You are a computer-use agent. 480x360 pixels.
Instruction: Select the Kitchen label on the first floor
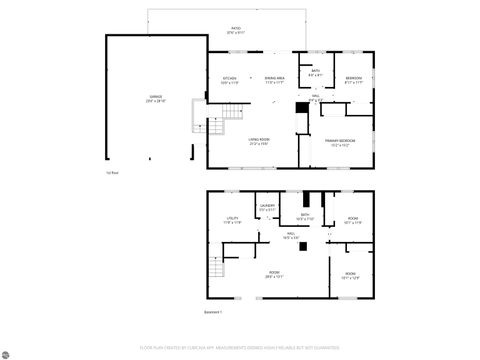pos(229,79)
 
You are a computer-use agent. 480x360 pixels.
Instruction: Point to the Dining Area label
pos(275,79)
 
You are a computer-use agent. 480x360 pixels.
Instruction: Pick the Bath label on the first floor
pos(315,72)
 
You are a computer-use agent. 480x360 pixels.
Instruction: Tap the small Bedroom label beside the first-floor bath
pos(353,79)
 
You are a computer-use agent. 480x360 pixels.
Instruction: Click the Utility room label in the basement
pos(232,220)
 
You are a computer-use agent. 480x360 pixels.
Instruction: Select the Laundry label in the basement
pos(267,207)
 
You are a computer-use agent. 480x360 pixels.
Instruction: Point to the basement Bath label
pos(305,215)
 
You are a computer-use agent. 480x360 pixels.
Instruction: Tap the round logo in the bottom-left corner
pos(9,351)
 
